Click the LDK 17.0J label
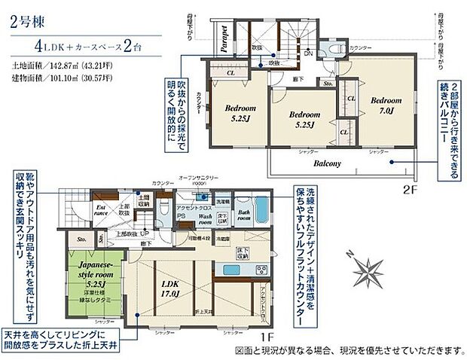pyautogui.click(x=169, y=288)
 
